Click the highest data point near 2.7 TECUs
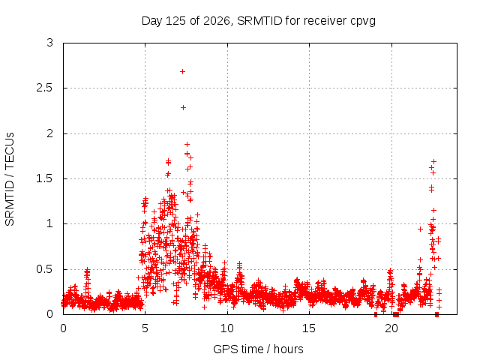182,72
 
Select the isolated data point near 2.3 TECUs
183,107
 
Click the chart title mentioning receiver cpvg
258,21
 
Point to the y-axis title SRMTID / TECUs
10,179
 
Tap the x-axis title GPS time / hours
258,349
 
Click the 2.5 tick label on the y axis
45,88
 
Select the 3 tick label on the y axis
50,43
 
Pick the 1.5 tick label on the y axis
45,178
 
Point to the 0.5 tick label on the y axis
45,269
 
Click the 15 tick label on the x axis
309,328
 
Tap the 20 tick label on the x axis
391,328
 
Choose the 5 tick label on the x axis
145,328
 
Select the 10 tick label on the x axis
226,328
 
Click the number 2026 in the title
217,21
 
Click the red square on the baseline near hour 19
376,314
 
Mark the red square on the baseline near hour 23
436,314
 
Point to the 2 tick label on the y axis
50,133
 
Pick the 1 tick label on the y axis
50,223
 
